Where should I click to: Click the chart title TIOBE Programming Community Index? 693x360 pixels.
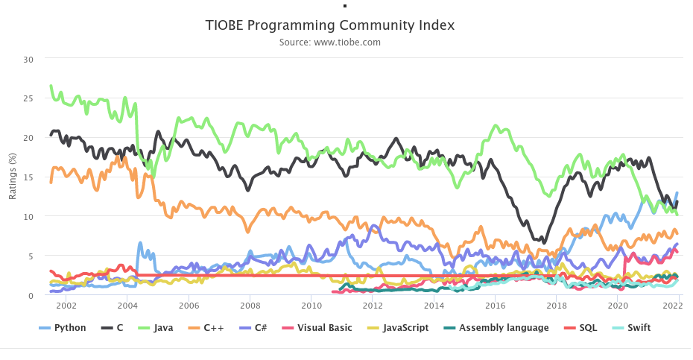tap(329, 25)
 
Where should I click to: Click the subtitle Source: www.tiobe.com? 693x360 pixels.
tap(329, 42)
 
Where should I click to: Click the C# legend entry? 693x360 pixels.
tap(261, 327)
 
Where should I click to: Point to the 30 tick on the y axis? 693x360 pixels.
tap(28, 59)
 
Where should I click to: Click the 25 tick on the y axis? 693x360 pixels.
tap(28, 98)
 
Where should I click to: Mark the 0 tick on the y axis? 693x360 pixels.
tap(31, 296)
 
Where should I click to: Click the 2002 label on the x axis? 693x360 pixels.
tap(66, 306)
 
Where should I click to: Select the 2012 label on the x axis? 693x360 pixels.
tap(373, 306)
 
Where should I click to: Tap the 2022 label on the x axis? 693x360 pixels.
tap(677, 306)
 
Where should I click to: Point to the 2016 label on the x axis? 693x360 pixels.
tap(495, 306)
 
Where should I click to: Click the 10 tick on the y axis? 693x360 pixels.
tap(28, 217)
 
